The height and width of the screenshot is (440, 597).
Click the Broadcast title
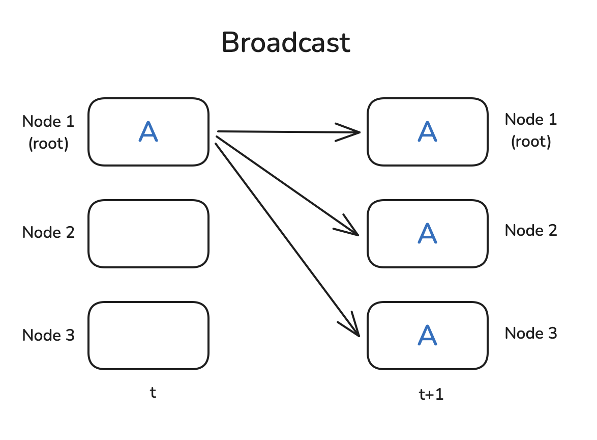(286, 43)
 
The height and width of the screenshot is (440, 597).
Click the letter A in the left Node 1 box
(148, 131)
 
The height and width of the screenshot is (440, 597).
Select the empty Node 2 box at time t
(148, 233)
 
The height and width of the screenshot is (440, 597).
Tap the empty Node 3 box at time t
(148, 335)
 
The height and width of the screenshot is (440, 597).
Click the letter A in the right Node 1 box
(427, 131)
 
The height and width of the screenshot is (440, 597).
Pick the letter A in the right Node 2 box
(427, 233)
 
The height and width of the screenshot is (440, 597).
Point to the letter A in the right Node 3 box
(427, 335)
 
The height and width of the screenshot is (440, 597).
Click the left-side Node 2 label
(48, 233)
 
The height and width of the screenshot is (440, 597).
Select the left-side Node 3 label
(48, 335)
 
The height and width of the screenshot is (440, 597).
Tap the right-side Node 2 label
(531, 231)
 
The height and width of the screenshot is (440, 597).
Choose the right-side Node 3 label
(531, 334)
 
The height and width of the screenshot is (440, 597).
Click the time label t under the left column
(153, 393)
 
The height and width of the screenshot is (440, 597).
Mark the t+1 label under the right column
(431, 395)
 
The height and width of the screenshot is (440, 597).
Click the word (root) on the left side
(48, 144)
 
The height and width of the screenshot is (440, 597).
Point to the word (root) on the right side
(531, 142)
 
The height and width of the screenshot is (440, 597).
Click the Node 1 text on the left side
(48, 122)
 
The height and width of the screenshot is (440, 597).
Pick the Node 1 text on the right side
(531, 120)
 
